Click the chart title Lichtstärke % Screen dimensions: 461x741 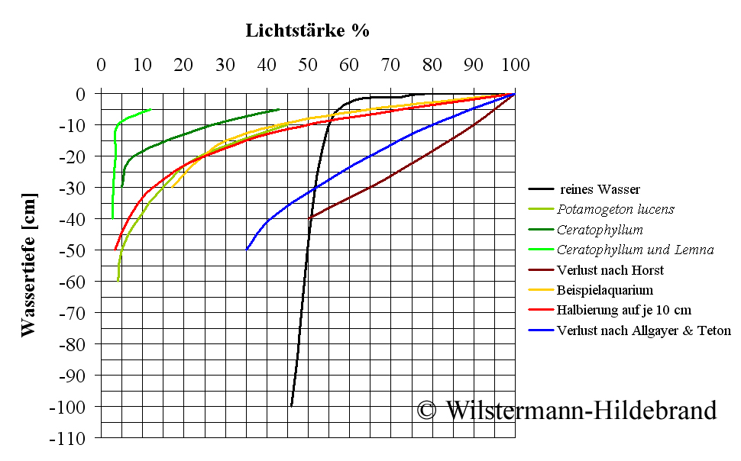pos(307,31)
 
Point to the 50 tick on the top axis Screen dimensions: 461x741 pos(308,66)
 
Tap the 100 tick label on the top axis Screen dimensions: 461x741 pos(515,66)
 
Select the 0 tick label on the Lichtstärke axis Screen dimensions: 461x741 pos(101,66)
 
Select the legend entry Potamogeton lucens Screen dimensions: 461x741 pos(616,209)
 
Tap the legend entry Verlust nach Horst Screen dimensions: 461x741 pos(610,270)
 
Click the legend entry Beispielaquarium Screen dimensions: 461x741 pos(605,290)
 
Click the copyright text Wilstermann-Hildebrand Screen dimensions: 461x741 pos(567,410)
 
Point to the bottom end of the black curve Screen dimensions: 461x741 pos(291,406)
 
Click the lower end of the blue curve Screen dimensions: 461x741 pos(246,250)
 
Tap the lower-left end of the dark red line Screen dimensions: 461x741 pos(309,218)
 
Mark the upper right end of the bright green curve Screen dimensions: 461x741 pos(150,109)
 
